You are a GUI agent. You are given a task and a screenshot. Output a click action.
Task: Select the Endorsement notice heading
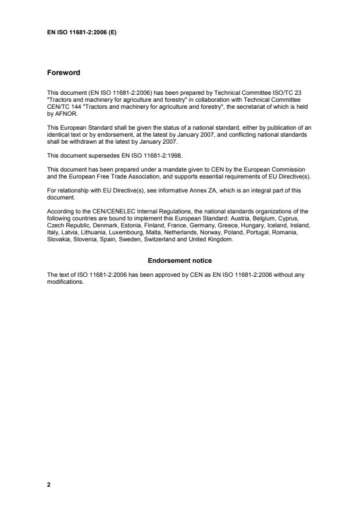(180, 260)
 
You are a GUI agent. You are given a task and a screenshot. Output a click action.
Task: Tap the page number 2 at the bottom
(49, 484)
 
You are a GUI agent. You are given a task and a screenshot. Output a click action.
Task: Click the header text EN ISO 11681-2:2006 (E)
(81, 32)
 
